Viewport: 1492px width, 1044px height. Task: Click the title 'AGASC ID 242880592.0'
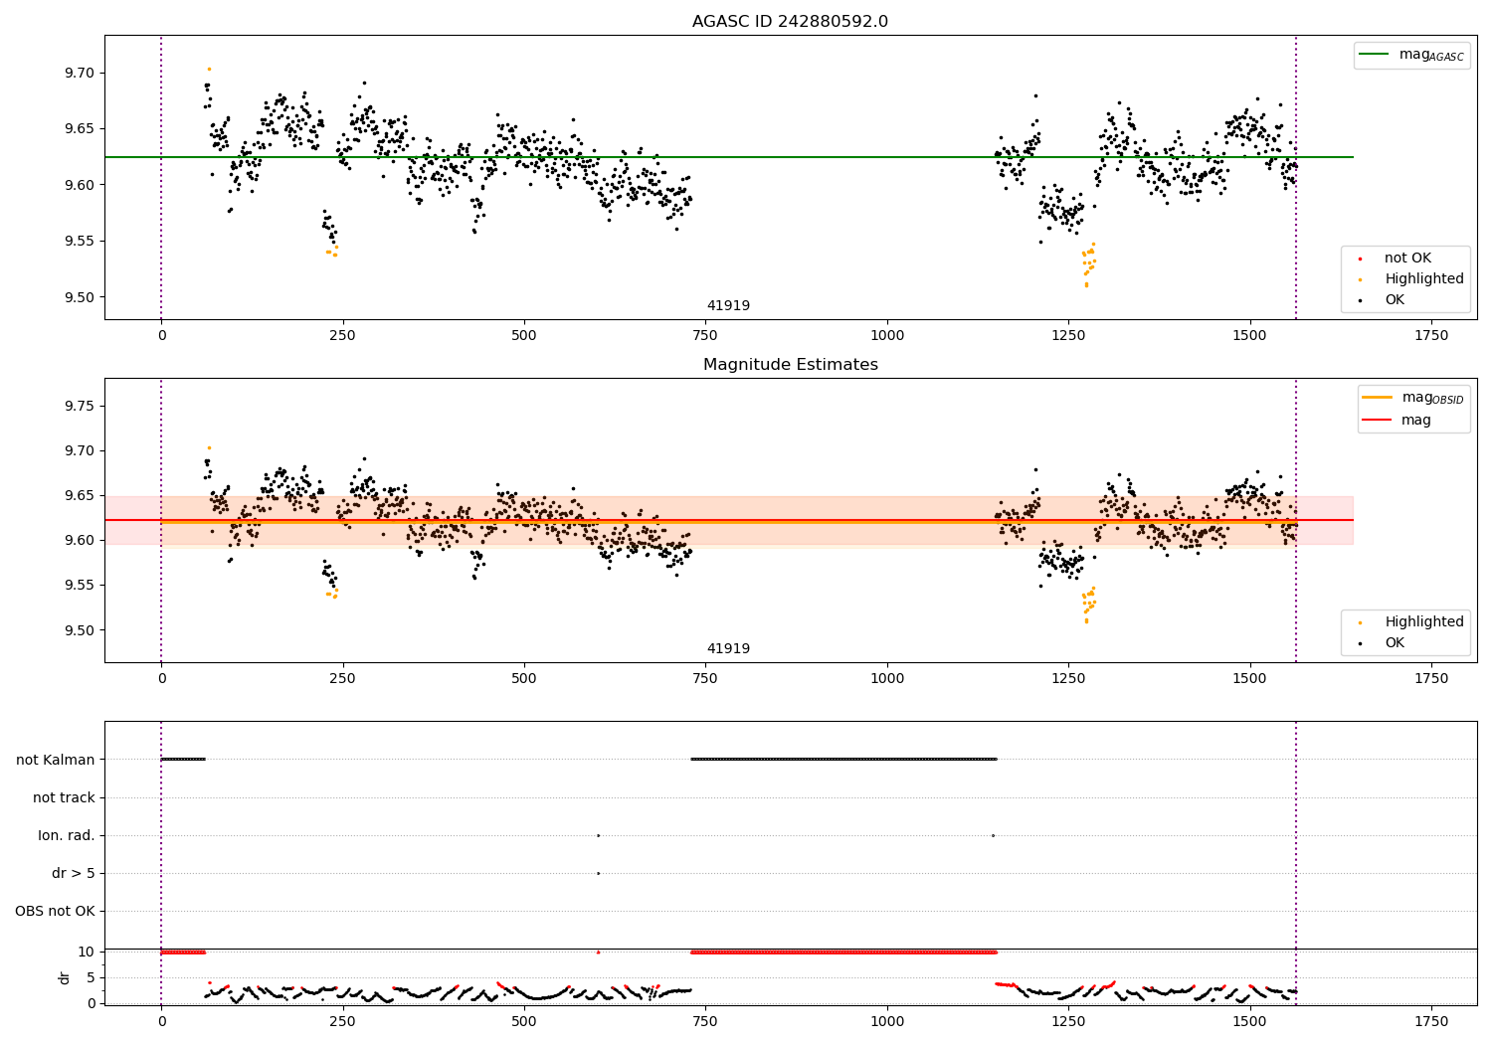click(790, 22)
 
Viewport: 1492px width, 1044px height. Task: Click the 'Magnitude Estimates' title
click(790, 365)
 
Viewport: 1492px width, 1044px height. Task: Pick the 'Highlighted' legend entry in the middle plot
click(1423, 621)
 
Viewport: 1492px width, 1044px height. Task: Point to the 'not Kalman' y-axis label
click(56, 760)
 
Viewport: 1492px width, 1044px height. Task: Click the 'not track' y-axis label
click(64, 797)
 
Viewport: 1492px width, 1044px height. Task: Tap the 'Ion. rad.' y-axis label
click(67, 835)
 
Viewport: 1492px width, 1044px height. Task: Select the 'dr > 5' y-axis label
click(74, 873)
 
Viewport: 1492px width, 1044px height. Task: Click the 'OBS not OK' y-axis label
click(55, 911)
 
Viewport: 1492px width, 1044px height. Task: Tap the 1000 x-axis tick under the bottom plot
click(887, 1021)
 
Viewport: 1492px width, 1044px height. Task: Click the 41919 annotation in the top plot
click(728, 306)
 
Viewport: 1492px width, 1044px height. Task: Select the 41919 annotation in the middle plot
click(728, 649)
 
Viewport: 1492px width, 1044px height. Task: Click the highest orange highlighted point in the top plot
click(209, 69)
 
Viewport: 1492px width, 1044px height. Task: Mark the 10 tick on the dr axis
click(86, 952)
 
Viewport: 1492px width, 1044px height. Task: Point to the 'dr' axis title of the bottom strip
click(65, 977)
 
